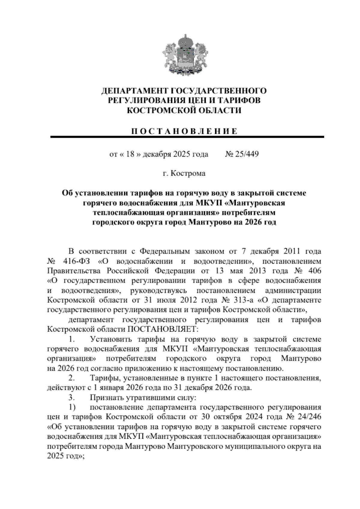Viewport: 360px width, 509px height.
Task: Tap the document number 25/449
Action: click(246, 155)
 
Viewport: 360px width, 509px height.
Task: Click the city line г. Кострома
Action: click(184, 173)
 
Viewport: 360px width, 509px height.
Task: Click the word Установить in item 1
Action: click(111, 339)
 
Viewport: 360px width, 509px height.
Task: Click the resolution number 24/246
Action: click(309, 417)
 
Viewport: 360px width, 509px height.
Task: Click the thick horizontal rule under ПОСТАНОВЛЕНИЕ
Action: click(187, 137)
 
